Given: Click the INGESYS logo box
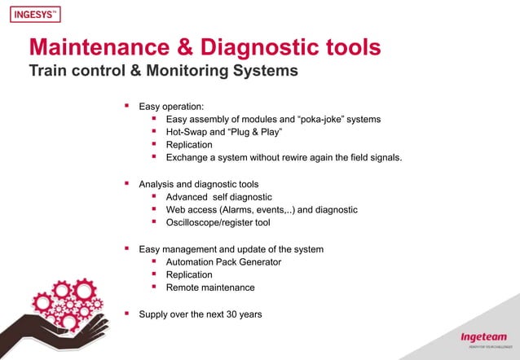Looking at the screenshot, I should click(x=36, y=15).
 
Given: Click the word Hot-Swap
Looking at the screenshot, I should click(x=189, y=132).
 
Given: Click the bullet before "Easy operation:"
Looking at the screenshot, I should click(x=126, y=106).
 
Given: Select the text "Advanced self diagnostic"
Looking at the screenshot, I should click(x=218, y=197).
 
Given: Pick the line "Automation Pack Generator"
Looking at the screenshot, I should click(x=223, y=261).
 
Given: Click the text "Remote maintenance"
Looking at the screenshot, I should click(x=210, y=288).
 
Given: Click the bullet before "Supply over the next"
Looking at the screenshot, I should click(x=126, y=313).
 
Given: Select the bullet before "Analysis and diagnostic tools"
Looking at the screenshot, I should click(x=126, y=183).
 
